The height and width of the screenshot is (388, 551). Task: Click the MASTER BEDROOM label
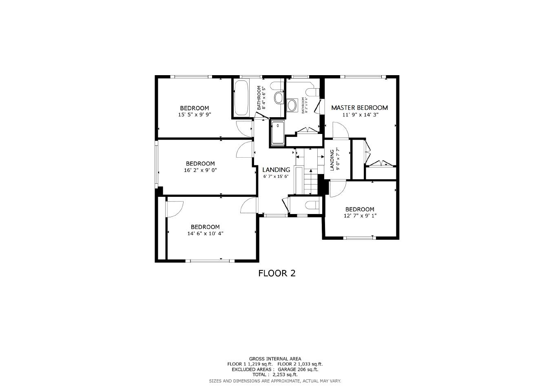(359, 108)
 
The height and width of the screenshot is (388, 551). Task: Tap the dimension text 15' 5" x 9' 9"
(194, 115)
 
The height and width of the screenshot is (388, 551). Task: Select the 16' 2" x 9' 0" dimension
(200, 170)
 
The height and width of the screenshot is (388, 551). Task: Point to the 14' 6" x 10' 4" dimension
(205, 234)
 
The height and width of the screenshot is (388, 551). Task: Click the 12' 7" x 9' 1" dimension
(360, 216)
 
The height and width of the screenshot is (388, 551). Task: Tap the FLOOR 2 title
(277, 273)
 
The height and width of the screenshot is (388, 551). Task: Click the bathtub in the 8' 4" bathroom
(241, 98)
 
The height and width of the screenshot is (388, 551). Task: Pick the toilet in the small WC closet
(314, 205)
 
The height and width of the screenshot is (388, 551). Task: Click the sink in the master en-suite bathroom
(292, 105)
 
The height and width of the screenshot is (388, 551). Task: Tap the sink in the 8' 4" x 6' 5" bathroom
(279, 98)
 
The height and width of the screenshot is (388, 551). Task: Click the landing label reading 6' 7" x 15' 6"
(276, 176)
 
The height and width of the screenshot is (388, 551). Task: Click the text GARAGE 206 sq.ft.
(298, 369)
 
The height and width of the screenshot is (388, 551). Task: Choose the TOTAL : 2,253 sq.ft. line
(275, 375)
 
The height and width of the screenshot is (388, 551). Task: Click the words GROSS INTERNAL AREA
(275, 359)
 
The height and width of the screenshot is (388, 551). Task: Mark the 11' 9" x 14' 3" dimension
(360, 115)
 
